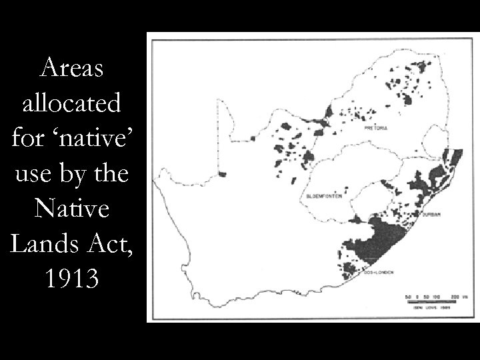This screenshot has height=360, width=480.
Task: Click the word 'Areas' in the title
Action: (x=71, y=68)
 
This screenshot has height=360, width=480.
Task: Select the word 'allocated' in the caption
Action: (x=71, y=104)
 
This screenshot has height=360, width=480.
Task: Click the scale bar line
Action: (x=427, y=301)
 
